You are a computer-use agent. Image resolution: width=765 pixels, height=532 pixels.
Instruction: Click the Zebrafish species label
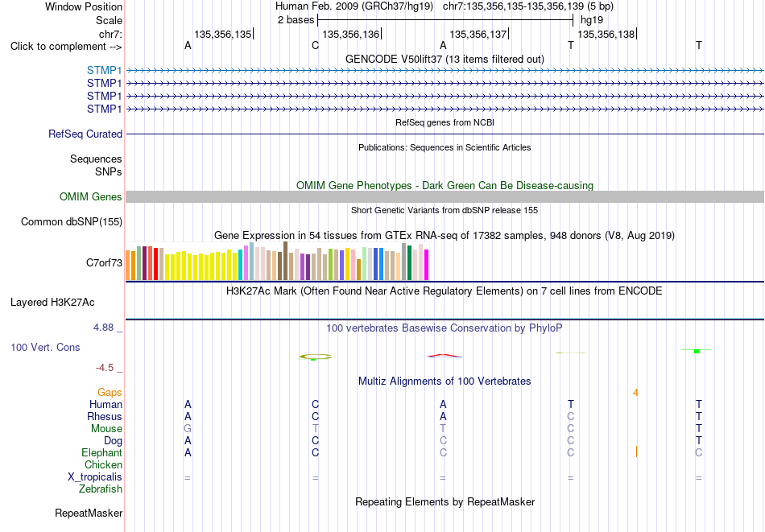(101, 489)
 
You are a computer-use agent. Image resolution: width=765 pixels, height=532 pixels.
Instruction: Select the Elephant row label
(101, 453)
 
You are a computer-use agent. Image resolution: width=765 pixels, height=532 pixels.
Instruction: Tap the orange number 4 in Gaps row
(635, 393)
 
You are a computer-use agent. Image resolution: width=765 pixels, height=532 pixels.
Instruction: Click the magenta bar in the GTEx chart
(427, 265)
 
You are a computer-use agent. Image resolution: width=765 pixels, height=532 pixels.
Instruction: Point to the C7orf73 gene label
(104, 263)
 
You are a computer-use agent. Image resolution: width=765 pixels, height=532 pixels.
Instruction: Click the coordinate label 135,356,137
(478, 34)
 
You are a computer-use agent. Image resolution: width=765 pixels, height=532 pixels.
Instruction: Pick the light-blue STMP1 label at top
(105, 71)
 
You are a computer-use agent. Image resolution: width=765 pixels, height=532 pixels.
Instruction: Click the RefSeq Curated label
(85, 134)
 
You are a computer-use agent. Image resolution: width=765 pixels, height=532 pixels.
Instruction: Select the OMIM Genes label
(91, 196)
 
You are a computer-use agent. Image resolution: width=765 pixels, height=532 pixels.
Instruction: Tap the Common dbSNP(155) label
(72, 222)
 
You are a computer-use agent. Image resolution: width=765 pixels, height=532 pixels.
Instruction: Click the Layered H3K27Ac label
(52, 303)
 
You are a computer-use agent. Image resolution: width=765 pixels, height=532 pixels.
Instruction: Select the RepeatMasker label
(89, 513)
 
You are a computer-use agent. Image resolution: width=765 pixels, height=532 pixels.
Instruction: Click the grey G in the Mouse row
(188, 429)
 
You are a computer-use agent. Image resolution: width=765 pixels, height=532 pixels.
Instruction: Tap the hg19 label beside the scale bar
(592, 20)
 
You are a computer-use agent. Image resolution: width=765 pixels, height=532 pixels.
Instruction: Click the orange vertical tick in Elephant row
(636, 452)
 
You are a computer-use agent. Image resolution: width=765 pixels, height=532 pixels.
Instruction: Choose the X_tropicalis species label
(95, 477)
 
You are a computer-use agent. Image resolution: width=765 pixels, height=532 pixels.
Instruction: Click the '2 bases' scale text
(296, 20)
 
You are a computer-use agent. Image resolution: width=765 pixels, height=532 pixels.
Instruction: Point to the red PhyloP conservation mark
(445, 356)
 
